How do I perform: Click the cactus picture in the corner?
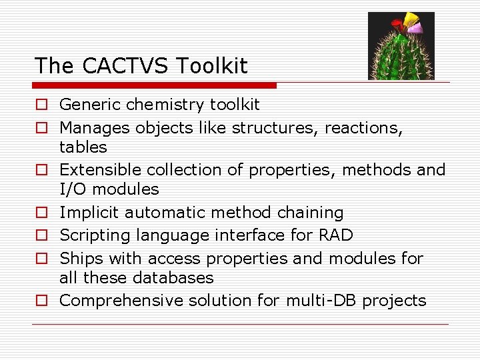[x=401, y=46]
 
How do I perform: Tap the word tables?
[x=83, y=147]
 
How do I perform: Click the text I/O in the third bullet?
[x=73, y=189]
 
